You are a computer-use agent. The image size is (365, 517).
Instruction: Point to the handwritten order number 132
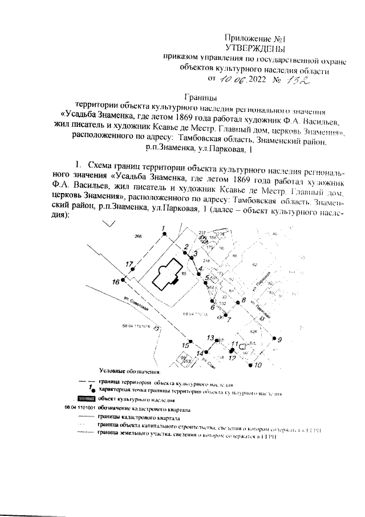coord(297,81)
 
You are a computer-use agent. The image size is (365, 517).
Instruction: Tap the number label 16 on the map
coord(116,282)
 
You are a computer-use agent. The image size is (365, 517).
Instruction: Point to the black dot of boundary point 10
coord(250,364)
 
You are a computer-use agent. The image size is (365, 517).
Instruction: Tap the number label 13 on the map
coord(210,337)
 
